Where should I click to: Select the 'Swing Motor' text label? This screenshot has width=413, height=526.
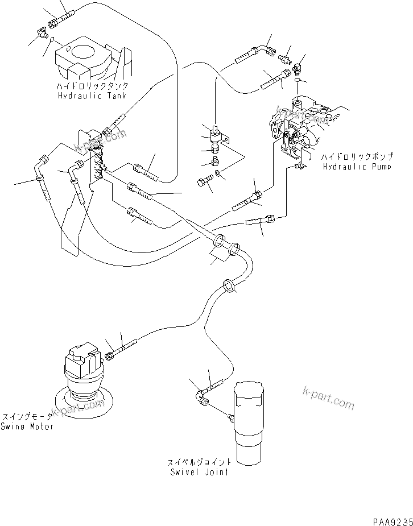(x=27, y=426)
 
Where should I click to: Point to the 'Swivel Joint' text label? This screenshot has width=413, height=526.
(x=199, y=472)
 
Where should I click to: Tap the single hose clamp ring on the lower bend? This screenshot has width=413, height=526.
(x=229, y=286)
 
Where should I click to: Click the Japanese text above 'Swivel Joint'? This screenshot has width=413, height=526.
(x=199, y=462)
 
